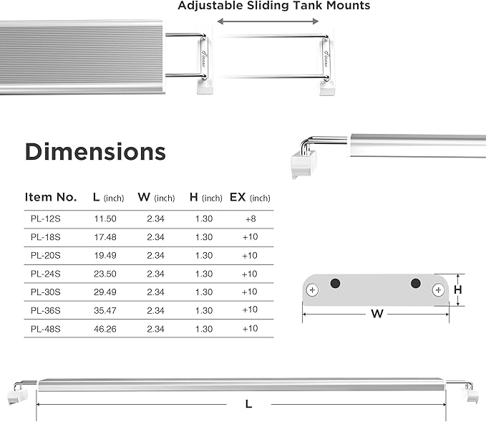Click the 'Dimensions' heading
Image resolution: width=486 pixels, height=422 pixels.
(x=95, y=152)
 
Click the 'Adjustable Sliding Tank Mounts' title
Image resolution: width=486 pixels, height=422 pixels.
(x=274, y=6)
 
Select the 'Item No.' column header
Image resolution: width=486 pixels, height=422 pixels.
(x=50, y=197)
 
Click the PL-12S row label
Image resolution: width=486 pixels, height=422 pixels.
(x=45, y=219)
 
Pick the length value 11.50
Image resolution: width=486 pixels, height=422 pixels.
(x=105, y=219)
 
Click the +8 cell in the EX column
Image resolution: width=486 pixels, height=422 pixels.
(x=249, y=219)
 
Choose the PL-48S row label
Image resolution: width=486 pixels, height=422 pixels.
(x=45, y=329)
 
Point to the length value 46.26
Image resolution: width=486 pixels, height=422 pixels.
(x=105, y=329)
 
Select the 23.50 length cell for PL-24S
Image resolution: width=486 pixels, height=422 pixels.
(x=105, y=274)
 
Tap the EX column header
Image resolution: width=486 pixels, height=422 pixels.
(x=249, y=197)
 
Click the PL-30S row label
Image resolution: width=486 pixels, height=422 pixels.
(x=45, y=292)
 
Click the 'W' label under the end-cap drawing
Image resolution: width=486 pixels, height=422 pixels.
(x=375, y=313)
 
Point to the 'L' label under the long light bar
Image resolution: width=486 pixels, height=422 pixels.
(x=248, y=404)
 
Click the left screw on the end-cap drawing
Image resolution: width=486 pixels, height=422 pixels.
(x=312, y=290)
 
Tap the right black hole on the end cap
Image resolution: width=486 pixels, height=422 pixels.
(x=415, y=284)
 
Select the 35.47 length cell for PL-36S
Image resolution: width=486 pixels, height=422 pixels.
(x=105, y=310)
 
